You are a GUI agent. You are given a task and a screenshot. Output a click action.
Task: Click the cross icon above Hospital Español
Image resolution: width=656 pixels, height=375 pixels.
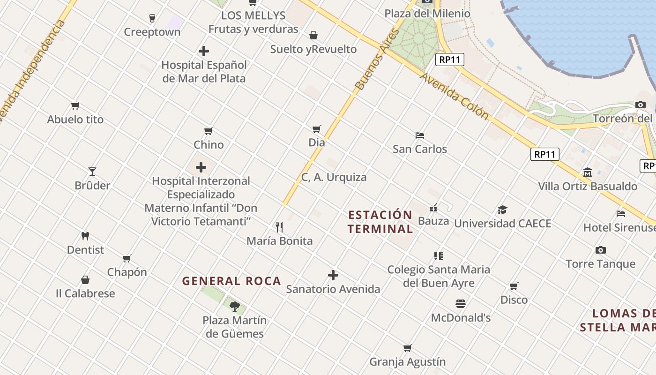(x=204, y=51)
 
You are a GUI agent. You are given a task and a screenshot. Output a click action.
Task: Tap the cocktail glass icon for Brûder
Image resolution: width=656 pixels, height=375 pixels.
(x=92, y=172)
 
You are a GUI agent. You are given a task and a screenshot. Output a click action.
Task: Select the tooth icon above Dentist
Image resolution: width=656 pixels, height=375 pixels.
(x=85, y=236)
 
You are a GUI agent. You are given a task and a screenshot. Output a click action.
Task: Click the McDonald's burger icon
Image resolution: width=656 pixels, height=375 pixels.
(x=460, y=304)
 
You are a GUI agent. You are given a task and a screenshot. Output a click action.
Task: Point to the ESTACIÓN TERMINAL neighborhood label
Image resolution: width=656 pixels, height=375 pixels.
(x=380, y=222)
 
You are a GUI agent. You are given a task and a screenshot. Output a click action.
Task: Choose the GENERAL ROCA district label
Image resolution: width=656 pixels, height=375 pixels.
(x=231, y=281)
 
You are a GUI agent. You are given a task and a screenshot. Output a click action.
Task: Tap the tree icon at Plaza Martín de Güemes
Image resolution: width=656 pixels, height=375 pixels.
(x=234, y=307)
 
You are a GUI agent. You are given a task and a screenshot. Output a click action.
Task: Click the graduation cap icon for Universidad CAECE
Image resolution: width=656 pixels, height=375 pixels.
(x=502, y=210)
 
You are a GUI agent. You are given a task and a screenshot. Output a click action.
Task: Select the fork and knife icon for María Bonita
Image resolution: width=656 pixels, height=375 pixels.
(x=279, y=227)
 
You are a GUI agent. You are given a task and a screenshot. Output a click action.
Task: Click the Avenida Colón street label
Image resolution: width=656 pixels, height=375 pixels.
(x=454, y=96)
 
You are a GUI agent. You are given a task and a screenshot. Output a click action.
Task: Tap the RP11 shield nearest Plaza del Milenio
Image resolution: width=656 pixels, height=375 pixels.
(x=449, y=60)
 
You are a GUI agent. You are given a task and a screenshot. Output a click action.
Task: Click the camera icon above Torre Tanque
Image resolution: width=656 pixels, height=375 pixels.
(x=600, y=250)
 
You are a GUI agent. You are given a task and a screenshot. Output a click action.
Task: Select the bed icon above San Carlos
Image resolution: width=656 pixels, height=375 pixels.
(x=420, y=135)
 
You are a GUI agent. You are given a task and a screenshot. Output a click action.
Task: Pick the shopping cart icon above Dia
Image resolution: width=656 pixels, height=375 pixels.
(x=317, y=129)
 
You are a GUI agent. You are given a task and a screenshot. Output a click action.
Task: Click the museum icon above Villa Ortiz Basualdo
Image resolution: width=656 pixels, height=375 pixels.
(x=588, y=172)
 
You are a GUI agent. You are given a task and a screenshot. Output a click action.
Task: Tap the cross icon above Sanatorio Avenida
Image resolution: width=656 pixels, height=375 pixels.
(x=333, y=275)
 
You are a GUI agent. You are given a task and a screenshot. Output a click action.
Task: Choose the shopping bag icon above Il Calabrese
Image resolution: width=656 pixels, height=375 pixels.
(x=85, y=280)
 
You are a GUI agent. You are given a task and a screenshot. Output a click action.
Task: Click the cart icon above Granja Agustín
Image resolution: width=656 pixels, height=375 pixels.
(x=407, y=348)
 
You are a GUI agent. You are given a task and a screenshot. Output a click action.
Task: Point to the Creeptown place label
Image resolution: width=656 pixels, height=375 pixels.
(x=152, y=32)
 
